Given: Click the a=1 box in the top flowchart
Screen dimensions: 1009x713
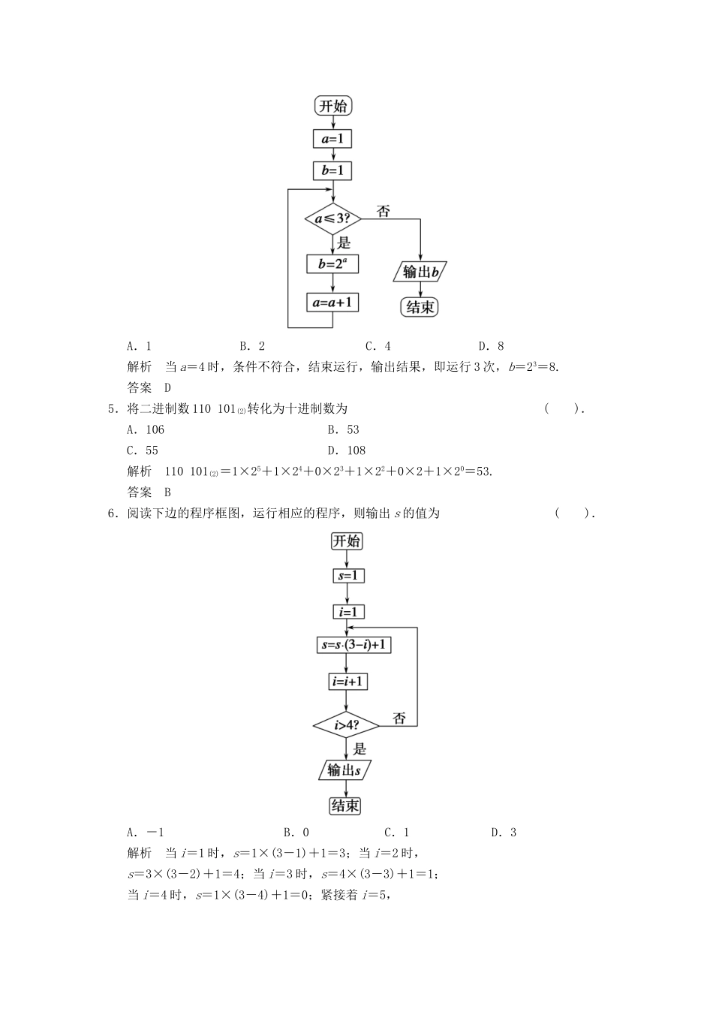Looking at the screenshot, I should (332, 139).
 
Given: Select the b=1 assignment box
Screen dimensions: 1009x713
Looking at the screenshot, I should (332, 171).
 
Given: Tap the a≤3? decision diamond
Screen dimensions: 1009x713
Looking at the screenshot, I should (332, 218).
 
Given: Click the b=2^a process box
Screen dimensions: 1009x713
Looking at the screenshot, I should (332, 264).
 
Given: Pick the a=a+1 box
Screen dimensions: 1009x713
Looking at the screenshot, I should (332, 303).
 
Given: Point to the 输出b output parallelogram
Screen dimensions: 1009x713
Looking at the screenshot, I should (420, 272).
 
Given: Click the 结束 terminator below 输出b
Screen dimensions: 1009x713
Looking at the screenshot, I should (420, 307).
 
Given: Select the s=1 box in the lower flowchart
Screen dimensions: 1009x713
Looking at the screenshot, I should (347, 576).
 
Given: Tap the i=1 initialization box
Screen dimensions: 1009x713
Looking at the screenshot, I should (347, 612).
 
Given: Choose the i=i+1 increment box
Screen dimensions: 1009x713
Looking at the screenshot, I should (347, 682).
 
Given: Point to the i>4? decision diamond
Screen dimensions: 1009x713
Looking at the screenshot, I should (346, 725).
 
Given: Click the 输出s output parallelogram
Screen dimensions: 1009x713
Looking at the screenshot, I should (344, 770).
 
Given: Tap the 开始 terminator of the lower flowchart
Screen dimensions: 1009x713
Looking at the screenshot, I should (347, 541).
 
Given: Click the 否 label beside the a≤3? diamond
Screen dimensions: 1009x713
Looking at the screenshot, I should (384, 212).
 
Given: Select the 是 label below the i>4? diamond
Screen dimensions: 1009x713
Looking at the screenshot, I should (360, 748).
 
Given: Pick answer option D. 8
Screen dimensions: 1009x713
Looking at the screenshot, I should (491, 346).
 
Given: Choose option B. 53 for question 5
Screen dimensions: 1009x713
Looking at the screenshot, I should (343, 429).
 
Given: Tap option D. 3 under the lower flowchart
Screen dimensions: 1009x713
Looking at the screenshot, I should (504, 832).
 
